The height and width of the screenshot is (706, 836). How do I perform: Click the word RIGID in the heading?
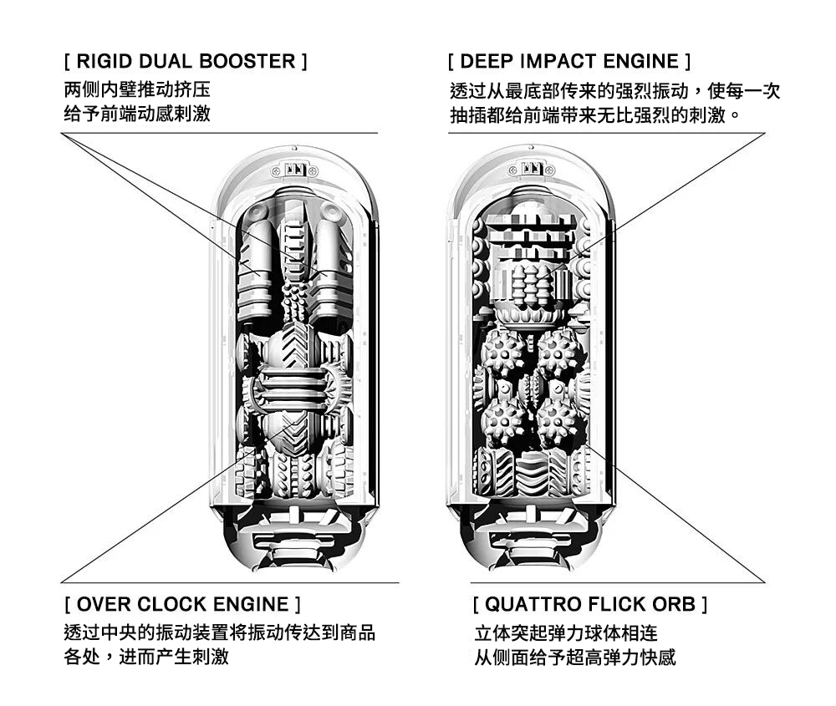click(x=104, y=61)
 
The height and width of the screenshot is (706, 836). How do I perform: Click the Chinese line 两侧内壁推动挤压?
click(x=137, y=89)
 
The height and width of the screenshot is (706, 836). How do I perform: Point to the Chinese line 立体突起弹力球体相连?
click(x=566, y=633)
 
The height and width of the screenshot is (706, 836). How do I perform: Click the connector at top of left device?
click(x=294, y=170)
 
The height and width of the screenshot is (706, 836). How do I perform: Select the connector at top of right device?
click(x=532, y=170)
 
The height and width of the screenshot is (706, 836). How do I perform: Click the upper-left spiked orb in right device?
click(x=502, y=353)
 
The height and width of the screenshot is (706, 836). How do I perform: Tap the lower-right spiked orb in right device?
click(x=557, y=423)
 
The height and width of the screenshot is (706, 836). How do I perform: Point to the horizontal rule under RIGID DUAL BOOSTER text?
click(x=220, y=133)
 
